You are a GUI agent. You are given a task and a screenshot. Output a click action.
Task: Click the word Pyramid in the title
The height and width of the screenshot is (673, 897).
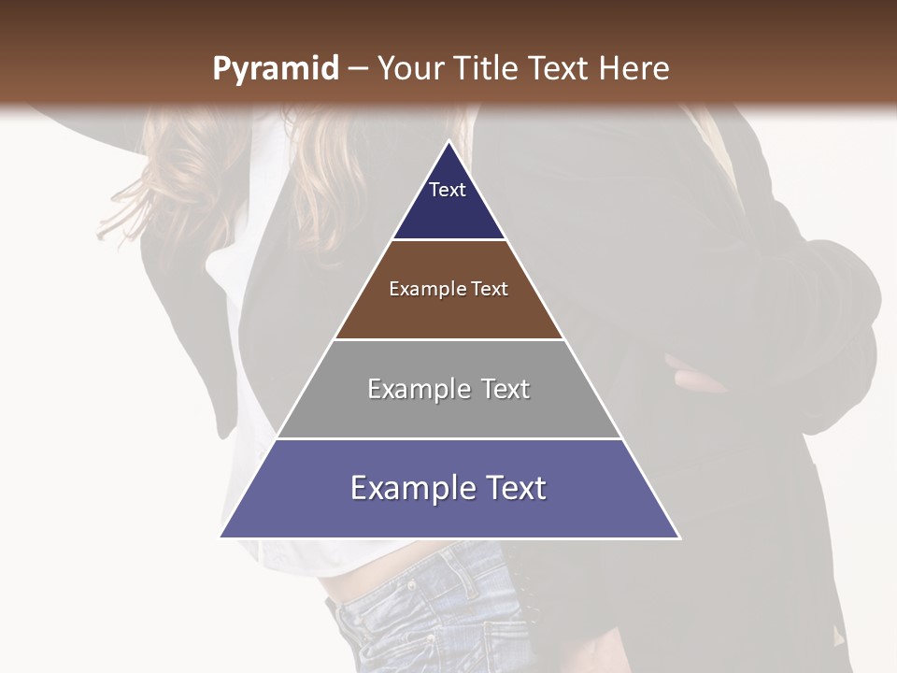click(275, 69)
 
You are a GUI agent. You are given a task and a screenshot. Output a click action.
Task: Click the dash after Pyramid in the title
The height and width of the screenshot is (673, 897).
click(358, 69)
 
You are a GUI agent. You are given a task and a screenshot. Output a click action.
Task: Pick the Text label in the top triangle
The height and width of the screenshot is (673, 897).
click(448, 190)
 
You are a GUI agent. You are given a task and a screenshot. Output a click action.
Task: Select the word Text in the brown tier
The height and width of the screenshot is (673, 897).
click(490, 290)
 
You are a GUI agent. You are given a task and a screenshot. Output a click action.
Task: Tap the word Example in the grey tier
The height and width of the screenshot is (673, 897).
click(417, 389)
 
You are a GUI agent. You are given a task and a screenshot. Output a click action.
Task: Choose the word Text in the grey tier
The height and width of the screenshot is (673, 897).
click(505, 389)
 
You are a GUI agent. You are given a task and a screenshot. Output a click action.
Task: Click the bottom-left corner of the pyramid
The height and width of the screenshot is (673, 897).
click(221, 537)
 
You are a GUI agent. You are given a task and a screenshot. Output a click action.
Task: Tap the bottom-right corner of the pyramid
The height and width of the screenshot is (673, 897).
click(679, 537)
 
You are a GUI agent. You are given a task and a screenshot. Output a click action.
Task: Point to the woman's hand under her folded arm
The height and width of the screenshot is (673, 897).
click(701, 380)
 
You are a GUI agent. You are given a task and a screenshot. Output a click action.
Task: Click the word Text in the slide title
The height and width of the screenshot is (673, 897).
click(559, 69)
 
